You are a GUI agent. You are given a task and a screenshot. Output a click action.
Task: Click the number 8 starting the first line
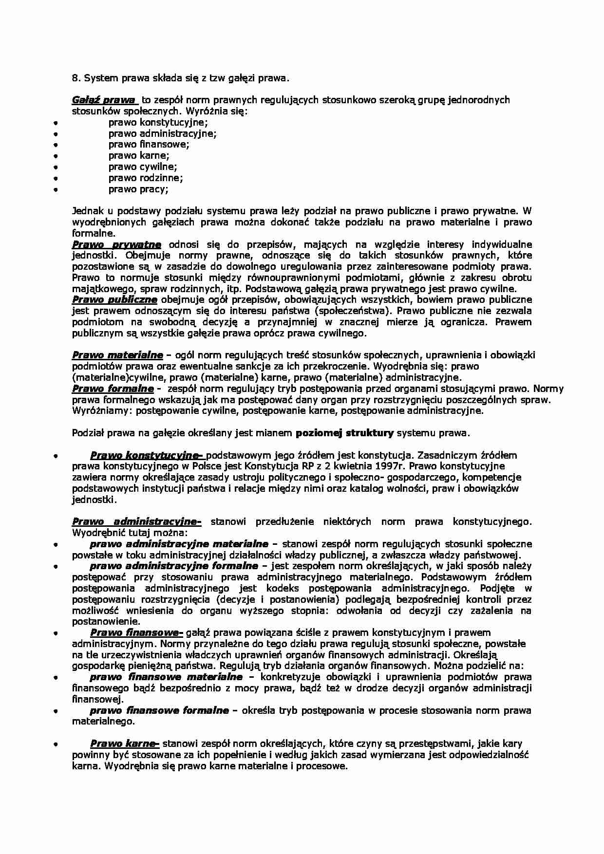click(75, 77)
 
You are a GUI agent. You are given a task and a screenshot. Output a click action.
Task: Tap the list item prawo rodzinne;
click(145, 178)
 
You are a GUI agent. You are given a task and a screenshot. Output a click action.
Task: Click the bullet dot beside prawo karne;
click(56, 156)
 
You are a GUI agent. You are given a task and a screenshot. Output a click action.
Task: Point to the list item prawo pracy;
click(138, 189)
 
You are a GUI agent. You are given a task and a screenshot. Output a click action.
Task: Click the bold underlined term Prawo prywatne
click(116, 244)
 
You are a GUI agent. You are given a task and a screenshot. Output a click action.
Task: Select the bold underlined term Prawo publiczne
click(114, 299)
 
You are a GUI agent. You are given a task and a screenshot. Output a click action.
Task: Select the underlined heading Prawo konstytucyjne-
click(146, 455)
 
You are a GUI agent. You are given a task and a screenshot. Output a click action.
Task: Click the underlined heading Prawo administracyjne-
click(136, 522)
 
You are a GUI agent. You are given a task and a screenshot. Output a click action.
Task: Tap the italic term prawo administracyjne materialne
click(179, 544)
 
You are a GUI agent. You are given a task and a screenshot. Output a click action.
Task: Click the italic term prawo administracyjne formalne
click(174, 566)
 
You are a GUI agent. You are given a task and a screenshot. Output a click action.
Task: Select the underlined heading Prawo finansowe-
click(136, 632)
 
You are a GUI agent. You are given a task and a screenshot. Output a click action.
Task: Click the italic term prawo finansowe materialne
click(166, 677)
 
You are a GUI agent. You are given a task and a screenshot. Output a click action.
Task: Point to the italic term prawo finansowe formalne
click(159, 710)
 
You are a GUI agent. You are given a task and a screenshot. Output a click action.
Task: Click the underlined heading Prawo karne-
click(125, 743)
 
